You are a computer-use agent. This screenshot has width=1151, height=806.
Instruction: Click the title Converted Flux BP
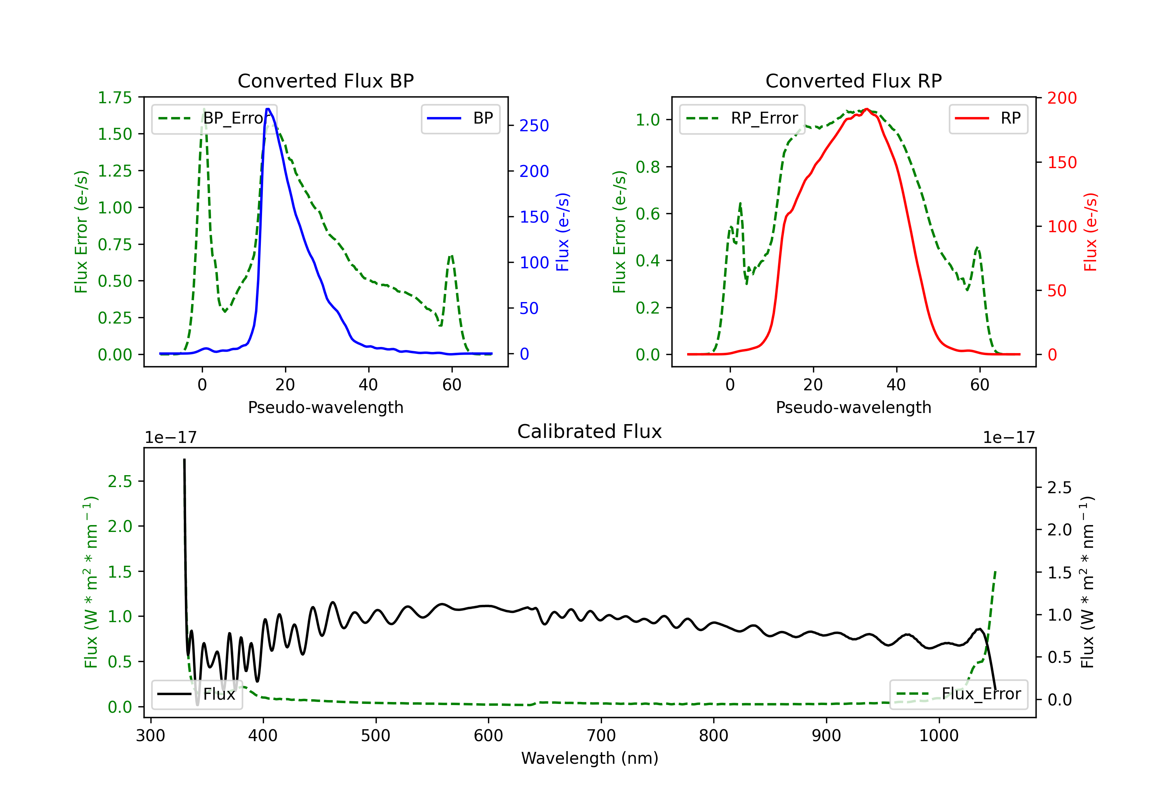[x=326, y=81]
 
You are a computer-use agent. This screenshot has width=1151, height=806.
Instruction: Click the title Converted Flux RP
[x=854, y=81]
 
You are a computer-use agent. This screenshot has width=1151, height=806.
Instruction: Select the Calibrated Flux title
[x=590, y=431]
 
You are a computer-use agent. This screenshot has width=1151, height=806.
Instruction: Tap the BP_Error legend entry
[x=214, y=118]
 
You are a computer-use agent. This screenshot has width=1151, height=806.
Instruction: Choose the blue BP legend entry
[x=460, y=118]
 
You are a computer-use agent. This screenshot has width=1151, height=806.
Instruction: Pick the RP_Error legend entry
[x=742, y=118]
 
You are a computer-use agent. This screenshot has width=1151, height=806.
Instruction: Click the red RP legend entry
[x=988, y=118]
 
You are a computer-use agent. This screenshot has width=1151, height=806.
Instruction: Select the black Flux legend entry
[x=196, y=694]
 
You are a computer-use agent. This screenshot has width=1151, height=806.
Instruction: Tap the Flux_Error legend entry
[x=958, y=694]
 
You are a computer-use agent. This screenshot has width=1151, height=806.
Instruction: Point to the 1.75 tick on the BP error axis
[x=115, y=98]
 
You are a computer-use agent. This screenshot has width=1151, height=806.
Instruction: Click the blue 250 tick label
[x=534, y=126]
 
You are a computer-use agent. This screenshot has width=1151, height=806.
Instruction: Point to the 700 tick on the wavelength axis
[x=601, y=736]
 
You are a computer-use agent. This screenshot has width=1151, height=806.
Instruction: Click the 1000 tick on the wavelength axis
[x=939, y=736]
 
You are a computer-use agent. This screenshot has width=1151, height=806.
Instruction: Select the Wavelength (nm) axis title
[x=590, y=758]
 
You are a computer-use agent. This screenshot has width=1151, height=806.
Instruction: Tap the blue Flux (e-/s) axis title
[x=563, y=232]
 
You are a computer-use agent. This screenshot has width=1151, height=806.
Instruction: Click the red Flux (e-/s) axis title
[x=1091, y=232]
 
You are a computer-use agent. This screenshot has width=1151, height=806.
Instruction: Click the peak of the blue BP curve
[x=268, y=109]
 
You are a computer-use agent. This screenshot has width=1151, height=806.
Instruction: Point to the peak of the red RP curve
[x=866, y=109]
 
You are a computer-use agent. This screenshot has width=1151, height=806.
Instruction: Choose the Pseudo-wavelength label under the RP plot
[x=854, y=407]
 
